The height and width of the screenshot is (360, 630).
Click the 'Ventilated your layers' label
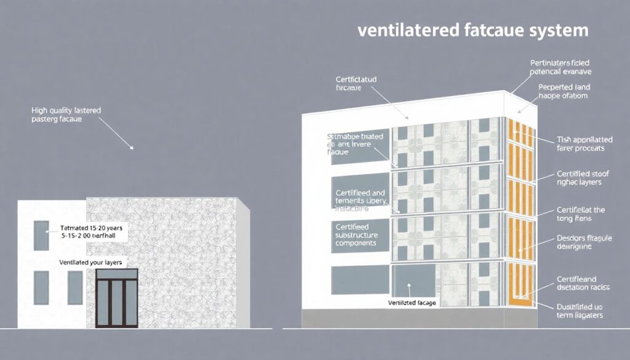tap(90, 263)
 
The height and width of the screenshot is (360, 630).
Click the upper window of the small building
tap(41, 236)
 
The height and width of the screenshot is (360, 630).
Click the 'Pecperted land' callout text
tap(563, 92)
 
